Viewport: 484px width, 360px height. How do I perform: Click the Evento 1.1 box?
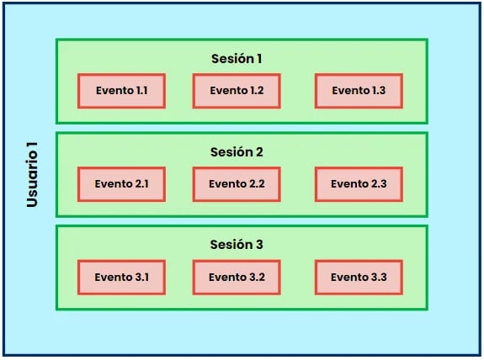(121, 91)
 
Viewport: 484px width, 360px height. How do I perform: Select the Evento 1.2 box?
(237, 91)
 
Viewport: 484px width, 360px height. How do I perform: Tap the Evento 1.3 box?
(359, 91)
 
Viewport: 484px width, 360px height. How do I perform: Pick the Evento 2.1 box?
(121, 184)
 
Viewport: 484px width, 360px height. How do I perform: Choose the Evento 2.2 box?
(237, 184)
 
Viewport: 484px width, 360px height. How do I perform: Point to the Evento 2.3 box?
(359, 184)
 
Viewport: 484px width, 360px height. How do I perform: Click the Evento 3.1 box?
(121, 278)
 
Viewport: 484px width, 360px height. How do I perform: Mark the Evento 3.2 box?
(237, 278)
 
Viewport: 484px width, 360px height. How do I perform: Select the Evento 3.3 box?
(359, 278)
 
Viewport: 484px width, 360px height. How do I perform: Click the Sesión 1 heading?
(237, 59)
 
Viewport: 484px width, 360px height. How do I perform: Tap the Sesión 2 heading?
(237, 151)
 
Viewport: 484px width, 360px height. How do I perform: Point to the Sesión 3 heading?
(237, 244)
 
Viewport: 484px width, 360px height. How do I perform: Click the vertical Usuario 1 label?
(32, 175)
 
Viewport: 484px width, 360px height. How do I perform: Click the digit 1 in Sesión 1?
(259, 59)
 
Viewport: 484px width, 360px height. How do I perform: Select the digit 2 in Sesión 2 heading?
(259, 151)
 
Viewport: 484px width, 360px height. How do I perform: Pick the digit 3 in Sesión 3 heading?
(259, 244)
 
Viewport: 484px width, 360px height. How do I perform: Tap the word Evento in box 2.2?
(228, 184)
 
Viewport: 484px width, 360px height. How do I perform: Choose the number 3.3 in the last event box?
(379, 277)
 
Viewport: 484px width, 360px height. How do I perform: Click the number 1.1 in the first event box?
(141, 91)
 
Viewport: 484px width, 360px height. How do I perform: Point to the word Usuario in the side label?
(32, 180)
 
